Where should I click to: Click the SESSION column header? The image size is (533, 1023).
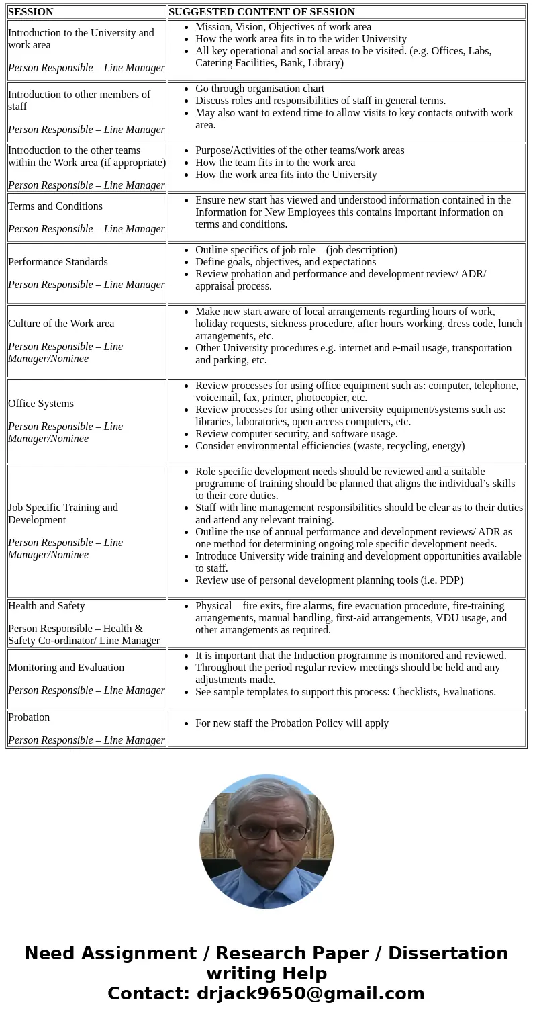coord(31,12)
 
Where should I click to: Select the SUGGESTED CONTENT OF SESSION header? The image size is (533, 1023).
coord(262,12)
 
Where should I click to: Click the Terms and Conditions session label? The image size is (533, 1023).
coord(55,206)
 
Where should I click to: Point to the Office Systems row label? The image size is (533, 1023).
coord(41,404)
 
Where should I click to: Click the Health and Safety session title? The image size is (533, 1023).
coord(46,606)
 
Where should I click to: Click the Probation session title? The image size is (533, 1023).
coord(29,717)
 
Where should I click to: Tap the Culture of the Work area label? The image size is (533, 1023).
coord(61,324)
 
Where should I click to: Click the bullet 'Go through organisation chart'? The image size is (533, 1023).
coord(260,89)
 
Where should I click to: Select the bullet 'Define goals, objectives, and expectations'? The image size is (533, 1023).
coord(285,262)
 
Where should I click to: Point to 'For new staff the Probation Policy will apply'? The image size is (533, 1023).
coord(292,723)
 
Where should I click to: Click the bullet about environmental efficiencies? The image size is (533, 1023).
coord(330,446)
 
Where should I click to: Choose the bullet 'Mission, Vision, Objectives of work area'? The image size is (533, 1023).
coord(283,27)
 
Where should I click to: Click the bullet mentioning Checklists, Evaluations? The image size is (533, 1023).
coord(346,692)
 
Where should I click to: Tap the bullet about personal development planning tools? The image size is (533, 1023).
coord(329,580)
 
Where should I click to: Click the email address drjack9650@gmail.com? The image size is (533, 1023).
coord(310,994)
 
